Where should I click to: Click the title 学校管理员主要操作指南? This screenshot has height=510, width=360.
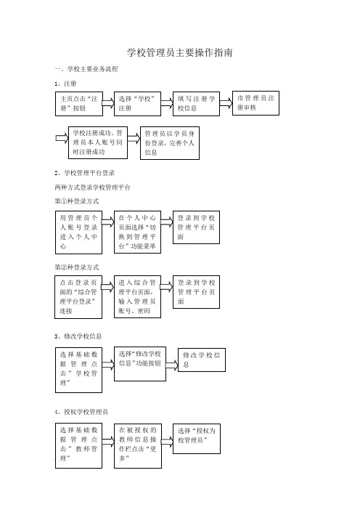click(x=180, y=53)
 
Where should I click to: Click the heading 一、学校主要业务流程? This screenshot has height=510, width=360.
click(x=86, y=69)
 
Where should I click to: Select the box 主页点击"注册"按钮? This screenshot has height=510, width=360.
click(x=79, y=104)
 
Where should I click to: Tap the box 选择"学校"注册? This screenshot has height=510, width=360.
click(x=137, y=104)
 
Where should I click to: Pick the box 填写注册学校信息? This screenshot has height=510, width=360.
click(x=196, y=104)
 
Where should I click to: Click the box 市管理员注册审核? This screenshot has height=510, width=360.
click(x=255, y=103)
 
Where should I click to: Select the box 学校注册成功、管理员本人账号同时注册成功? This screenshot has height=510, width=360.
click(x=98, y=143)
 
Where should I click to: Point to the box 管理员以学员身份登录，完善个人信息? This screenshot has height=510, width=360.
click(x=170, y=143)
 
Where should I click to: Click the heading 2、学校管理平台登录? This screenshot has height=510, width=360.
click(x=84, y=173)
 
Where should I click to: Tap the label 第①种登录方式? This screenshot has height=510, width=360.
click(x=77, y=201)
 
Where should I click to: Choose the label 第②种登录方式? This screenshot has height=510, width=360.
click(x=77, y=267)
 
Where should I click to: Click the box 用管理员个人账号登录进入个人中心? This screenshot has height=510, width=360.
click(x=78, y=232)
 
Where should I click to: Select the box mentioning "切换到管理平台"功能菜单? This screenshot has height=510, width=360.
click(x=137, y=232)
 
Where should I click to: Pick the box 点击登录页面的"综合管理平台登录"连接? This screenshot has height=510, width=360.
click(x=78, y=297)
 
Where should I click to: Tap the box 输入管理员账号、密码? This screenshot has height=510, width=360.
click(x=137, y=296)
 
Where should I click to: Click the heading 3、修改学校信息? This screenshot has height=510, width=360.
click(x=78, y=336)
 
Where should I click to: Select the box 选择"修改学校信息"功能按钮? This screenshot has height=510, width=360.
click(x=140, y=364)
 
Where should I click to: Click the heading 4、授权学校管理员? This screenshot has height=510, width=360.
click(x=81, y=412)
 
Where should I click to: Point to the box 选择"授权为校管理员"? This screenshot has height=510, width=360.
click(x=197, y=439)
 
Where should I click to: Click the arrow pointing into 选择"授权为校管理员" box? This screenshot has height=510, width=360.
click(x=167, y=442)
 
